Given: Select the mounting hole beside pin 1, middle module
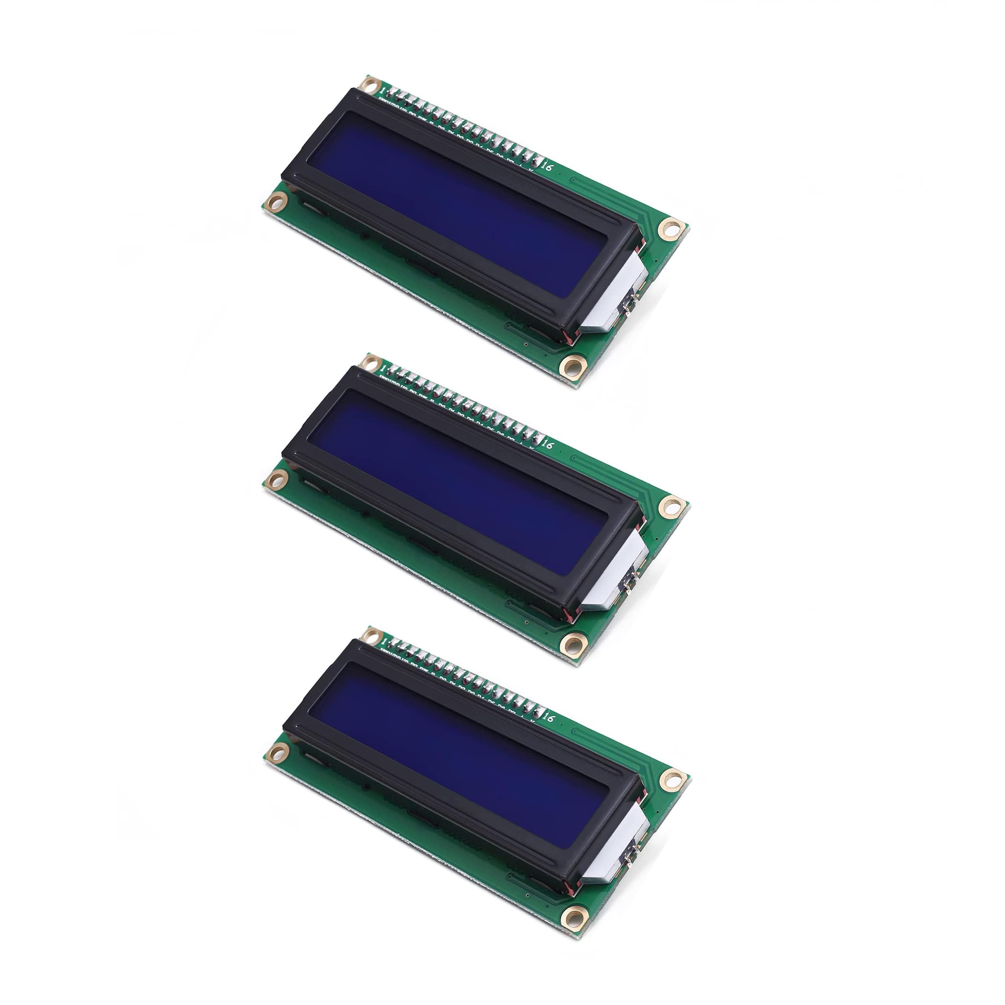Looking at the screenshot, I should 369,362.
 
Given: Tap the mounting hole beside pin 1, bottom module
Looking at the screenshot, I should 369,635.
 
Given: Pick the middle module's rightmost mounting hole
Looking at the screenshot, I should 671,506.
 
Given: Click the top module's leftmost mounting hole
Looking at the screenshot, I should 277,199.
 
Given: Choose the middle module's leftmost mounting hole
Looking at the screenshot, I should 277,477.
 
